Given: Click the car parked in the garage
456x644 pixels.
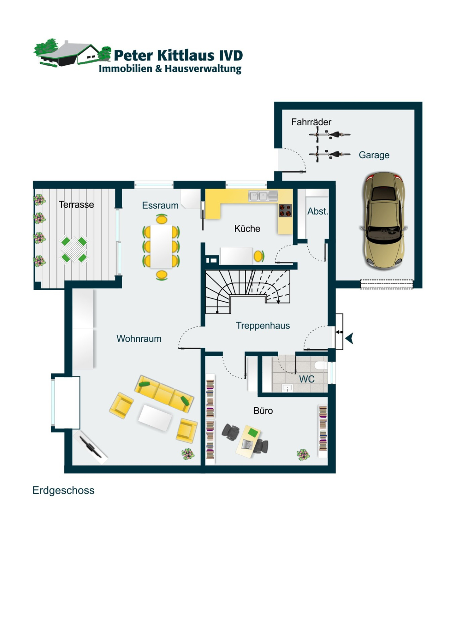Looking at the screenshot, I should point(383,220).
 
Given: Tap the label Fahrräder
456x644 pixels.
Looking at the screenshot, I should point(311,122).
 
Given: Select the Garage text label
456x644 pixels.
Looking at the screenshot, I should point(374,155).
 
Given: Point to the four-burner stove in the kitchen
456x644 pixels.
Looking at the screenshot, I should point(285,210).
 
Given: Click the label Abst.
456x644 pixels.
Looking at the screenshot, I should point(317,211).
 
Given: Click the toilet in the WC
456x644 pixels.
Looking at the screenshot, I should point(321,366).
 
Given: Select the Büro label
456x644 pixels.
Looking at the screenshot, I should point(263,411).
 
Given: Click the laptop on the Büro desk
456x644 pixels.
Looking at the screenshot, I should point(247,444).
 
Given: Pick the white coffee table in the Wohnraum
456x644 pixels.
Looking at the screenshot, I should point(155,417).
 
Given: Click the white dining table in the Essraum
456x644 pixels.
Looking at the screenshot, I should point(161,246).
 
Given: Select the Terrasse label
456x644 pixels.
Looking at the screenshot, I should point(76,204).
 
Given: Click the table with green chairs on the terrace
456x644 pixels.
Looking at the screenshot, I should point(74,249).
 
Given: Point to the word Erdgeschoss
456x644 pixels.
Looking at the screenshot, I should point(63,490).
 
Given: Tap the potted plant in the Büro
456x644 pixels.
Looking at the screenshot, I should point(303,454).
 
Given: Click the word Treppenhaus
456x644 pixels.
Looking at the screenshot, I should point(263,325).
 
